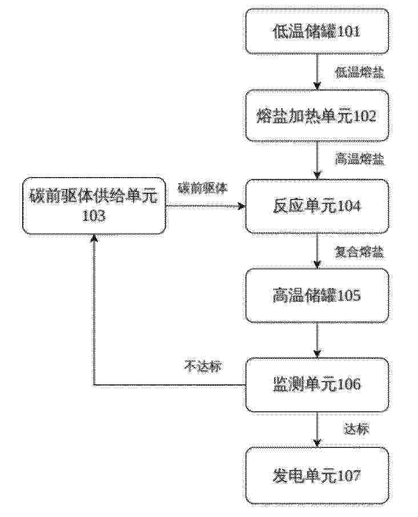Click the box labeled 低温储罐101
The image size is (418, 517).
(x=316, y=31)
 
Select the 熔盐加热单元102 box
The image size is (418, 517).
(x=316, y=115)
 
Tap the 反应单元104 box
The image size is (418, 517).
(x=316, y=206)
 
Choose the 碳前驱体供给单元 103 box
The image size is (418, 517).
(x=94, y=206)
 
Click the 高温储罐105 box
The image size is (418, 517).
(x=316, y=295)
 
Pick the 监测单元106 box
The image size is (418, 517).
(x=316, y=385)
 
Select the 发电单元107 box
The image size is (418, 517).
(x=316, y=476)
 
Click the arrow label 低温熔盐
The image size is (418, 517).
(x=360, y=73)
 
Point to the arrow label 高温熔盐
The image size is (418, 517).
(x=360, y=159)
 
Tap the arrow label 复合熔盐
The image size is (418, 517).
(x=360, y=253)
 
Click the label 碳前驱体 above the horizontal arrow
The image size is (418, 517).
(x=203, y=189)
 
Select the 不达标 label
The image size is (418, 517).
(x=203, y=366)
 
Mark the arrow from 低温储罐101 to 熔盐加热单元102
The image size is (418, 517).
(x=317, y=71)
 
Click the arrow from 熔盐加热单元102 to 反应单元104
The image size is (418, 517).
(x=317, y=161)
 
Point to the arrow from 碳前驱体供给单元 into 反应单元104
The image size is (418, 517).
(x=206, y=206)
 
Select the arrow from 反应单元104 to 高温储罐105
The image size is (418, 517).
(x=317, y=251)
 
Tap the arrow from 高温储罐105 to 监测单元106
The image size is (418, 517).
(x=317, y=340)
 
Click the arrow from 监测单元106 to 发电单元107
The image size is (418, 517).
(x=317, y=430)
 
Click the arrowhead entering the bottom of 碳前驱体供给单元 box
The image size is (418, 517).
(x=95, y=238)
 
